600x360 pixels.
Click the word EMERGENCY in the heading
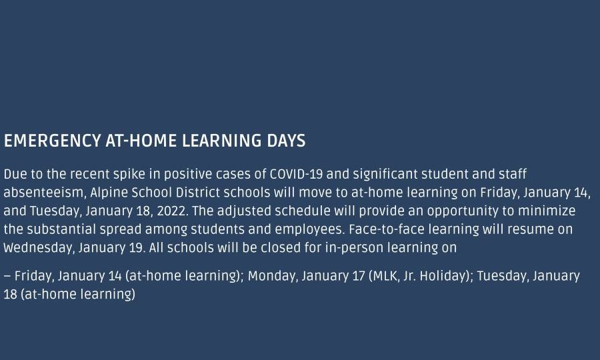coord(53,141)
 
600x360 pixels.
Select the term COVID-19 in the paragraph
coord(296,174)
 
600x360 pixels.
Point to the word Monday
coord(273,276)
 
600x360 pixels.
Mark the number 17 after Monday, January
coord(359,276)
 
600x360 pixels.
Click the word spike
coord(129,175)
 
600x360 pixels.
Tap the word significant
coord(385,175)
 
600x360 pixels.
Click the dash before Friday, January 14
coord(7,276)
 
